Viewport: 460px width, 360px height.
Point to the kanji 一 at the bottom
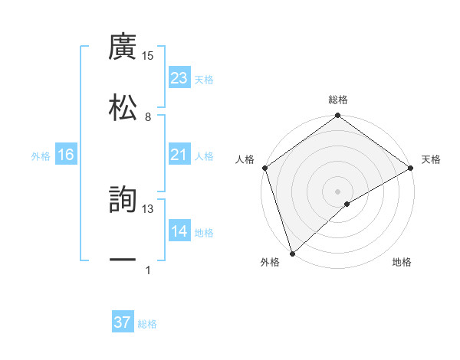[x=123, y=260]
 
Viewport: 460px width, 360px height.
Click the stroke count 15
[x=148, y=55]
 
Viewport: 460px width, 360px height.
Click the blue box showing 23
[x=179, y=78]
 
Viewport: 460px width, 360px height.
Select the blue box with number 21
[x=179, y=155]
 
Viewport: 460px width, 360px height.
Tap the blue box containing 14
[x=179, y=231]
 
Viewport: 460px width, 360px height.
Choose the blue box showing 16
[x=66, y=155]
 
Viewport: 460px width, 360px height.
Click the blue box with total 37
[x=123, y=322]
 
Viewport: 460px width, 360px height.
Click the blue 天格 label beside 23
[x=204, y=80]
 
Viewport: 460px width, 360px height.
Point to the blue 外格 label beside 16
[x=41, y=156]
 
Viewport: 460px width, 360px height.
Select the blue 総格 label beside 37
[x=147, y=324]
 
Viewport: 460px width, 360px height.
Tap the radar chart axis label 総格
[x=338, y=100]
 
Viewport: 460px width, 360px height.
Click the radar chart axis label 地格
[x=402, y=263]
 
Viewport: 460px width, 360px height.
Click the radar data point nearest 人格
[x=264, y=169]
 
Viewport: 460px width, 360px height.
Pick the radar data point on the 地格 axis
[x=347, y=204]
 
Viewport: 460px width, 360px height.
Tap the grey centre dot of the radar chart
[x=337, y=191]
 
